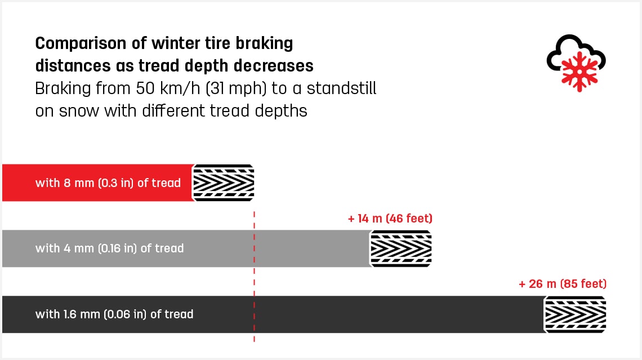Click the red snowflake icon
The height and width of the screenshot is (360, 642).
(579, 72)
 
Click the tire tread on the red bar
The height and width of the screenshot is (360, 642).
(223, 183)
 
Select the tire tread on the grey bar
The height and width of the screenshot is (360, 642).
(400, 248)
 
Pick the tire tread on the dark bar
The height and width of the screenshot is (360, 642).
(575, 314)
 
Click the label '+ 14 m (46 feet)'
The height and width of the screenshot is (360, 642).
(390, 218)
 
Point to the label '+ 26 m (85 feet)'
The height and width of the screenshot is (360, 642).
(563, 284)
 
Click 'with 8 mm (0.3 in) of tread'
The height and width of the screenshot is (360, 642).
(108, 183)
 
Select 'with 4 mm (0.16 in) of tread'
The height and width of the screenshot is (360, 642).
(110, 248)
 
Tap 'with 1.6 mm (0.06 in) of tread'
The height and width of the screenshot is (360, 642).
(114, 314)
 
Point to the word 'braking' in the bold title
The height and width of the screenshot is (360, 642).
(264, 43)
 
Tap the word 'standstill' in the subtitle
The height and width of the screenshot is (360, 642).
(341, 88)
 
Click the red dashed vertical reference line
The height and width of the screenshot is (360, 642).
(254, 277)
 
